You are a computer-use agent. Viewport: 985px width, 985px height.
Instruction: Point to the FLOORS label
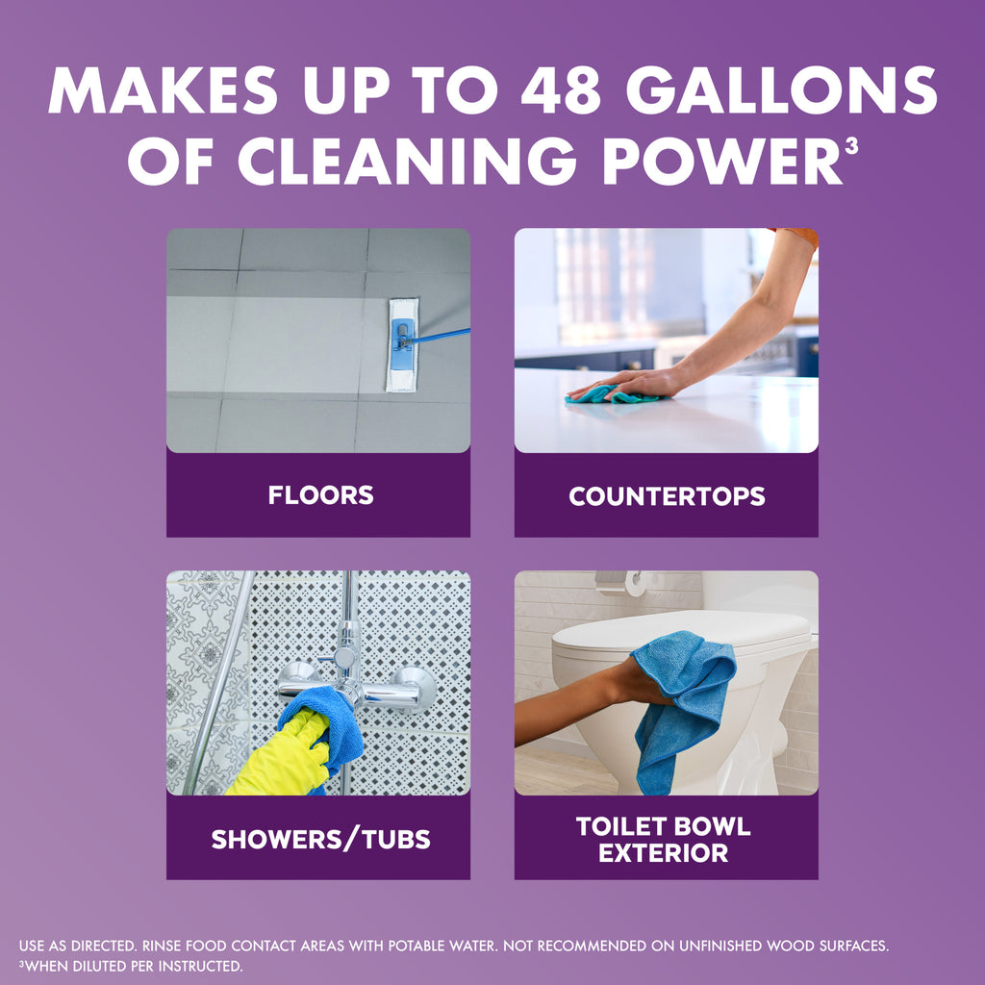coord(320,496)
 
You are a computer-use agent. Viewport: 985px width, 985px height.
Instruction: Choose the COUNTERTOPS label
coord(667,496)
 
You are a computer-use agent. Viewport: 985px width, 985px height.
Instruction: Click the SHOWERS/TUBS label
coord(320,839)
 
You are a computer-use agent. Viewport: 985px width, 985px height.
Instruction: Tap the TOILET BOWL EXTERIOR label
coord(664,839)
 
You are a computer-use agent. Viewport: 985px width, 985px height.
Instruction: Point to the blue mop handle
coord(442,336)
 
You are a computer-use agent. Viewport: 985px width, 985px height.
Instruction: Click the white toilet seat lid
coord(673,630)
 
